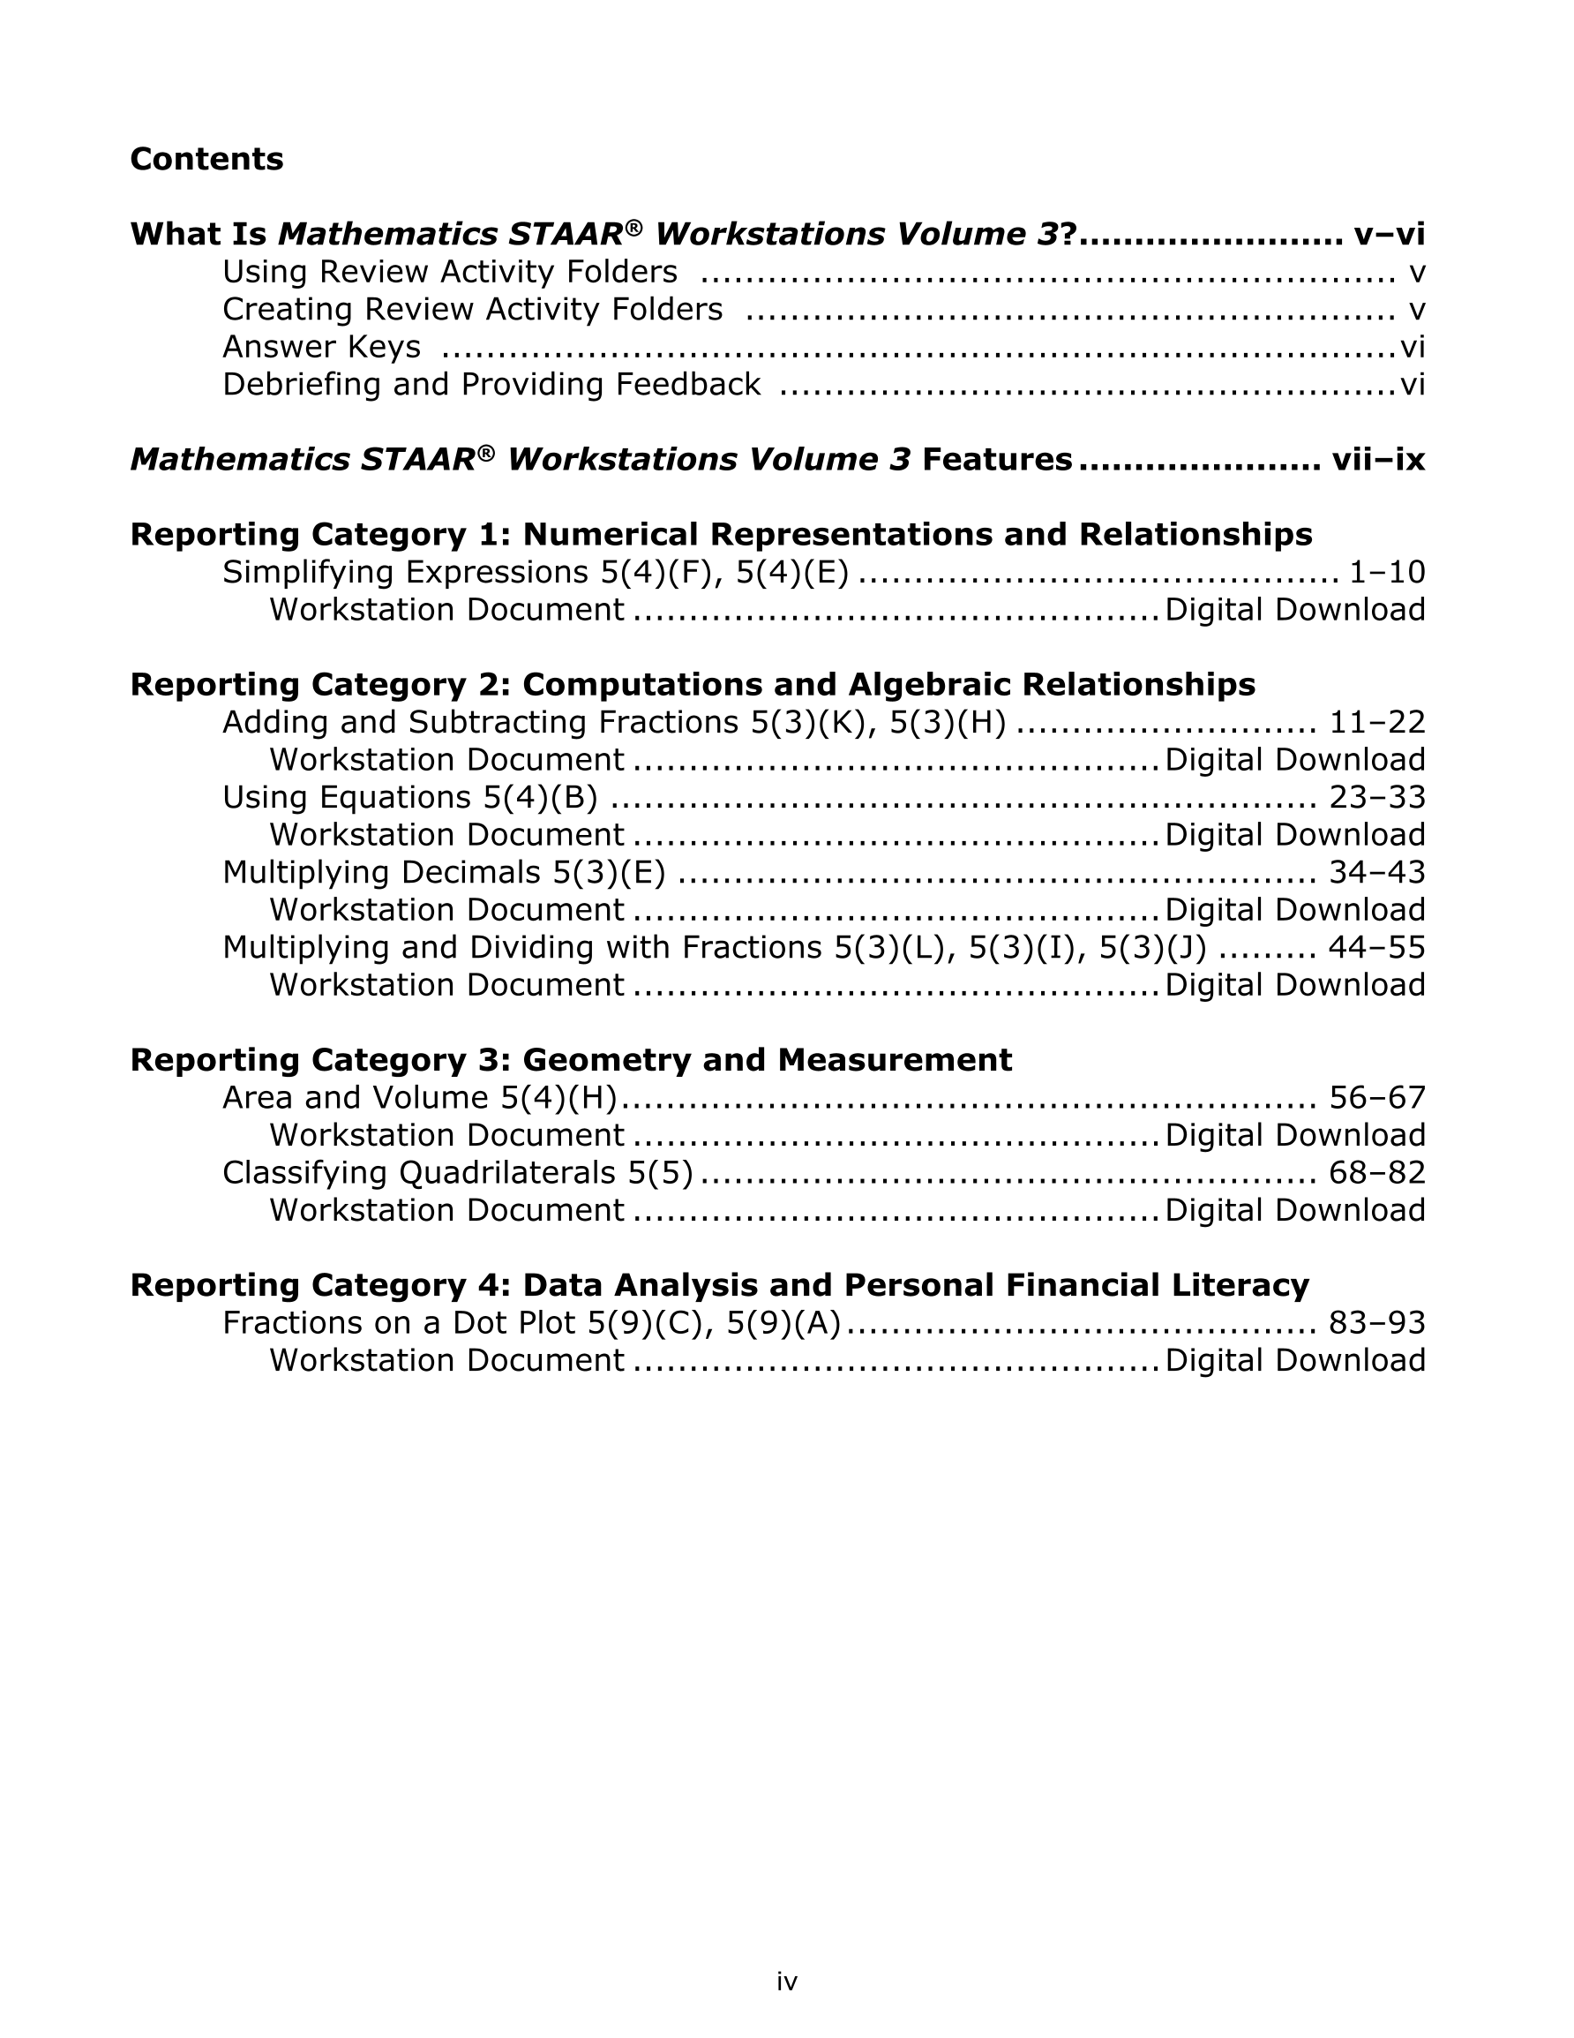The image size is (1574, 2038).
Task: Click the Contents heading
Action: point(206,159)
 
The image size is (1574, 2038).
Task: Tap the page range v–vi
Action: point(1389,234)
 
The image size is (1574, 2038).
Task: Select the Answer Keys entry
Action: point(321,347)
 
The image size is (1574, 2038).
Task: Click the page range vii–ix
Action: point(1378,459)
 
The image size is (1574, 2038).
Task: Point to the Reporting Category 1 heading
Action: point(720,535)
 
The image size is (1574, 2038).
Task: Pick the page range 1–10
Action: point(1388,572)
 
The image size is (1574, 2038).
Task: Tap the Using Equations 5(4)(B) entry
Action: point(409,797)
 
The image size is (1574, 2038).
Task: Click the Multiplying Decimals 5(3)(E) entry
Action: point(443,873)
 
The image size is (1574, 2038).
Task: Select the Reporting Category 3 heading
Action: point(570,1060)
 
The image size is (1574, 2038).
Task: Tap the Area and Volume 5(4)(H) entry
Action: point(419,1097)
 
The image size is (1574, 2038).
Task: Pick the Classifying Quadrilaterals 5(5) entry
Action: point(457,1172)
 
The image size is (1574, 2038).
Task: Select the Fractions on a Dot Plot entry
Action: point(531,1322)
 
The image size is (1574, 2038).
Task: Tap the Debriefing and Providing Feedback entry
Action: point(491,385)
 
